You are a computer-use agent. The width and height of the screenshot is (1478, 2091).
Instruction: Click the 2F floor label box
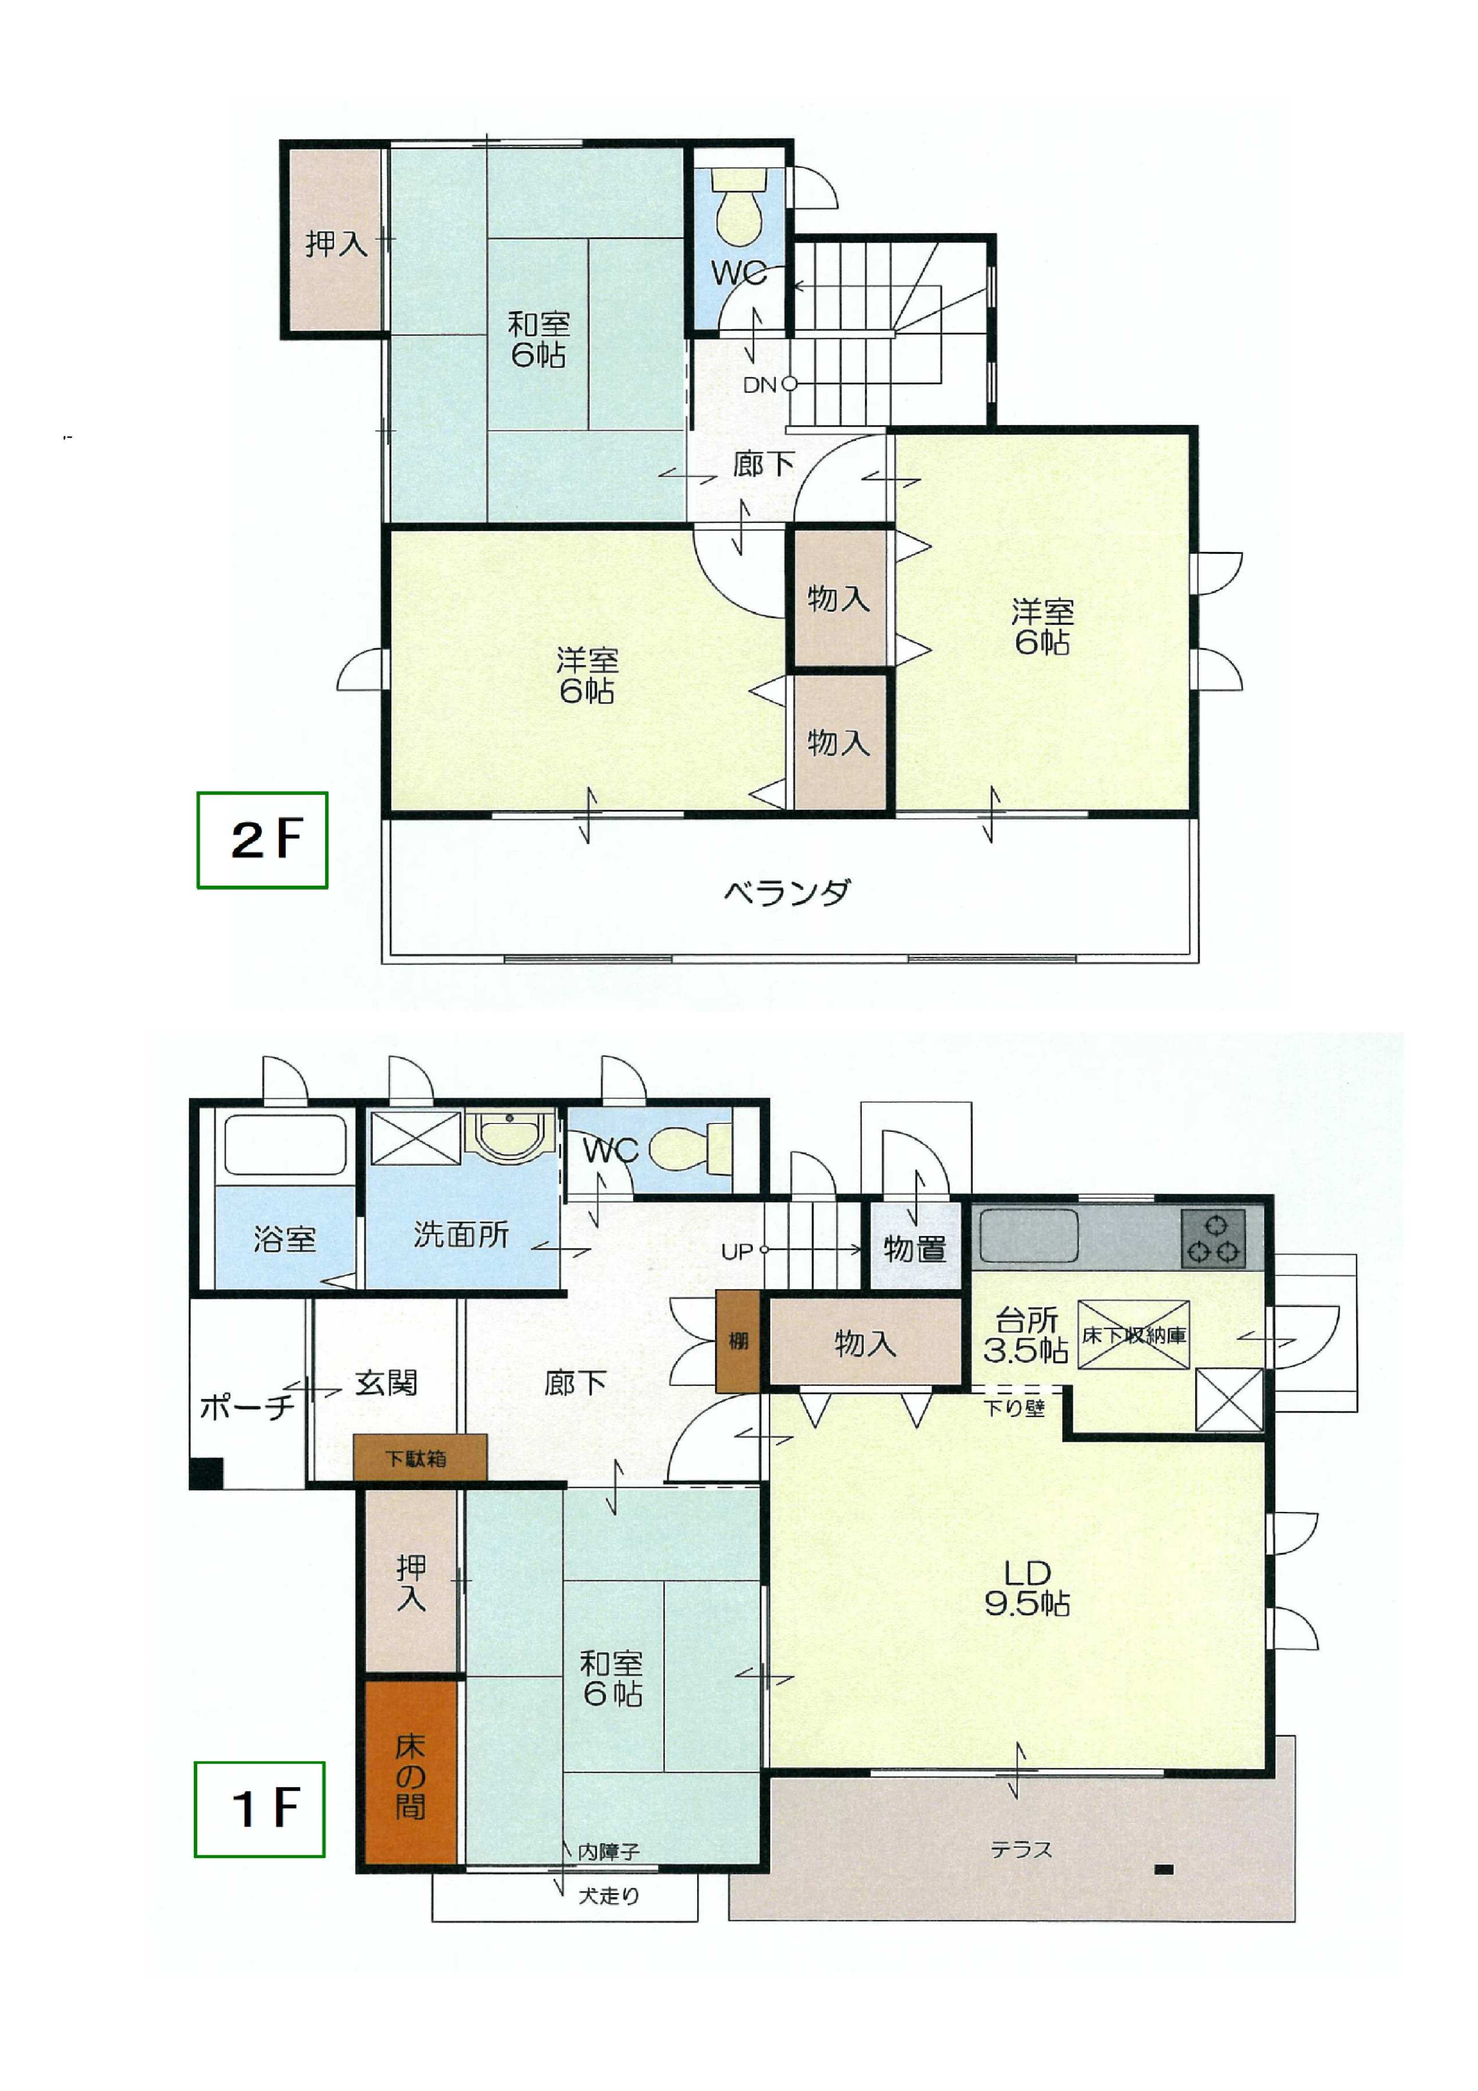(x=262, y=840)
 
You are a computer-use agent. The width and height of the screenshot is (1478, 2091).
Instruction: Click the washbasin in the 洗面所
(x=510, y=1136)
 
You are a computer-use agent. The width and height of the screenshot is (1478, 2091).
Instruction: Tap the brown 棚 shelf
(x=737, y=1342)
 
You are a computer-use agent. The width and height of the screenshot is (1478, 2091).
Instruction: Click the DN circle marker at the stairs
(x=790, y=384)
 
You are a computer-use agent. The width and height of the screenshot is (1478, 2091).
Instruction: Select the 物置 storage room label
(x=914, y=1249)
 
